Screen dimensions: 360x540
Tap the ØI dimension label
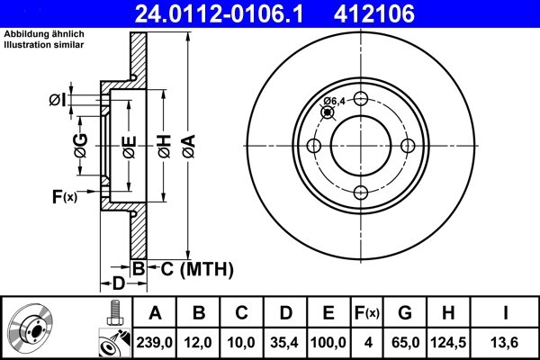[x=57, y=100]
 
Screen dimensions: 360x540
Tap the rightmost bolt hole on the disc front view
[x=407, y=146]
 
